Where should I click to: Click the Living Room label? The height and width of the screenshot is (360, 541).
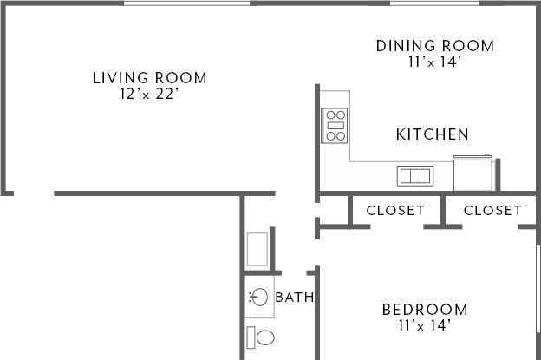[x=150, y=78]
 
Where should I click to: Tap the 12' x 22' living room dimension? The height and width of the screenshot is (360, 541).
[x=150, y=94]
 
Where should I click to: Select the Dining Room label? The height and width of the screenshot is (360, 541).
[x=435, y=46]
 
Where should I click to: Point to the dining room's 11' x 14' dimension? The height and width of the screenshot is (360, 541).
[x=435, y=62]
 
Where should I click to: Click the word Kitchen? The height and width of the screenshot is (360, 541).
[x=433, y=134]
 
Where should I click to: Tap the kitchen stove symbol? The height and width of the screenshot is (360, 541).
[x=335, y=126]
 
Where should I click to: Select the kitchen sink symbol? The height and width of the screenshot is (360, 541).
[x=415, y=176]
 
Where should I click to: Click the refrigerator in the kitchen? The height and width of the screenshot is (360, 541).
[x=473, y=173]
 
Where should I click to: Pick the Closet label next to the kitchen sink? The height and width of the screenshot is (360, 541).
[x=395, y=210]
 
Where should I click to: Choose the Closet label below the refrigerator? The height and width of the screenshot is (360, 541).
[x=492, y=210]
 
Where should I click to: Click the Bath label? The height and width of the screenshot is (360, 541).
[x=295, y=298]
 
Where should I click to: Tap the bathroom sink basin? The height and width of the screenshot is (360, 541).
[x=258, y=297]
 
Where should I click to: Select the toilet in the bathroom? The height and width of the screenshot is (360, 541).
[x=260, y=337]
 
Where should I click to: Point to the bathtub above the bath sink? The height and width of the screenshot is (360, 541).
[x=257, y=249]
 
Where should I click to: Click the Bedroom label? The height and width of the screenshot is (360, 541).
[x=425, y=310]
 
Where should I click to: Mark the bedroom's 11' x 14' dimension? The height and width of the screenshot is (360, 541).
[x=425, y=325]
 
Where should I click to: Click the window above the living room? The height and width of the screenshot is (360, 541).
[x=186, y=3]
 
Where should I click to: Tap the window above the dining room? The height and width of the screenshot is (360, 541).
[x=434, y=3]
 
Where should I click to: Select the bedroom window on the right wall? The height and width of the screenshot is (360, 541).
[x=538, y=289]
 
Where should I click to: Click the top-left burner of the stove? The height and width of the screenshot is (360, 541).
[x=330, y=115]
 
